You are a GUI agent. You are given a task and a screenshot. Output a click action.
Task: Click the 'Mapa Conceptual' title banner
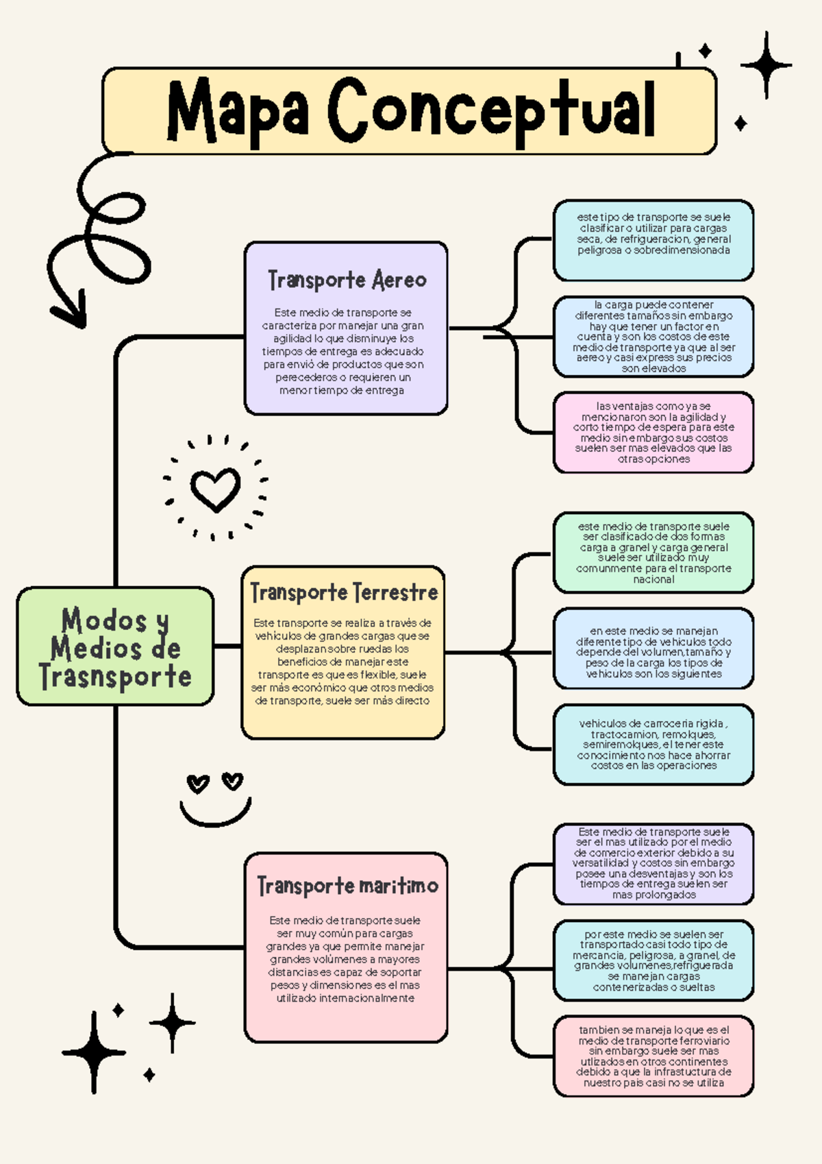(x=410, y=111)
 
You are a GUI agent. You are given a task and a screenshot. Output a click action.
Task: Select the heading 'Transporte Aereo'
(x=347, y=280)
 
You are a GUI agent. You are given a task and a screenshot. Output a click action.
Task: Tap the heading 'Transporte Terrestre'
(x=344, y=592)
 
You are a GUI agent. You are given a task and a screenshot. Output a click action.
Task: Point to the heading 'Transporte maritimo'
(x=347, y=886)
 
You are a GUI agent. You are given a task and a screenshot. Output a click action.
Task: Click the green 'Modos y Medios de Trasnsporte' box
(x=115, y=646)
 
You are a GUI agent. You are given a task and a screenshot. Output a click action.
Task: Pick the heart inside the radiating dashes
(x=215, y=489)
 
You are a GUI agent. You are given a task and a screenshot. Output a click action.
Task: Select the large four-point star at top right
(x=767, y=66)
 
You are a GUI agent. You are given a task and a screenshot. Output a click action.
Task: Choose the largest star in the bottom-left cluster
(x=94, y=1052)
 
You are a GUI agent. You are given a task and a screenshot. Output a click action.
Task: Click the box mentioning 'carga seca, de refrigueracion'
(x=653, y=240)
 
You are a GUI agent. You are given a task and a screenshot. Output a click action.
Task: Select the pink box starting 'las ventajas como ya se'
(x=653, y=433)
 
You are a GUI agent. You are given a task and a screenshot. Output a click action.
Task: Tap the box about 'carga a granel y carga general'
(x=653, y=553)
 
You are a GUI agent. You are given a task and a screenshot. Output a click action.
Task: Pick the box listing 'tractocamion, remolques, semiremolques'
(x=653, y=744)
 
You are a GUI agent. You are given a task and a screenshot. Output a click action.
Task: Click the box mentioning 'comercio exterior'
(x=653, y=864)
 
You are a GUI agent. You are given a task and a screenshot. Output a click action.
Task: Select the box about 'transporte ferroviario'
(x=653, y=1056)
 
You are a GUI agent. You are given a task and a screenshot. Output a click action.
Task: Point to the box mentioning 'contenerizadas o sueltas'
(x=653, y=960)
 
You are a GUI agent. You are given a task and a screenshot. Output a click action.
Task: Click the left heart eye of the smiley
(x=198, y=783)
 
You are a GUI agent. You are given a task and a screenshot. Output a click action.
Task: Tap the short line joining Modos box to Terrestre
(x=227, y=646)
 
